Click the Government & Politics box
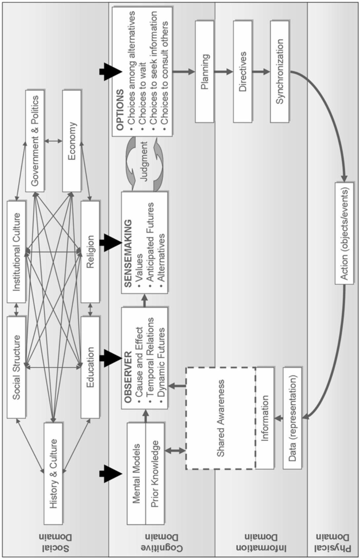tap(35, 141)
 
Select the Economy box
tap(72, 141)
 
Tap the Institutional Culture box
tap(16, 252)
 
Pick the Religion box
tap(90, 252)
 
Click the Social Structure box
tap(16, 367)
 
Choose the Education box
tap(90, 367)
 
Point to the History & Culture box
tap(53, 473)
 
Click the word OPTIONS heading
tap(120, 109)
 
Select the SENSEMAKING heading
tap(128, 253)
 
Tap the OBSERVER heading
tap(128, 377)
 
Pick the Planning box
tap(204, 72)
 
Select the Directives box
tap(242, 72)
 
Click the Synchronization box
tap(279, 72)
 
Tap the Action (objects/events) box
tap(344, 233)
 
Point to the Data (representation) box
tap(292, 418)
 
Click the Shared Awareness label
tap(220, 418)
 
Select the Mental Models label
tap(136, 473)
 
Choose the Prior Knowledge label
tap(155, 473)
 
